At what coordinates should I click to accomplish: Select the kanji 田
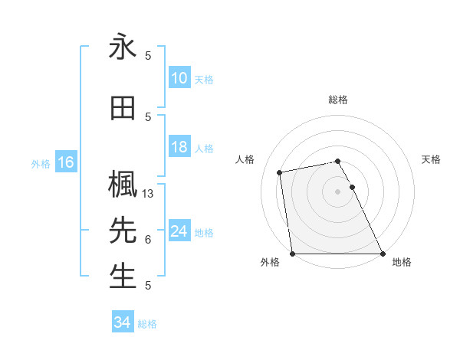point(123,109)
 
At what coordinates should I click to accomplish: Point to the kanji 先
point(123,230)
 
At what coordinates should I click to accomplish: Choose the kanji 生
point(123,277)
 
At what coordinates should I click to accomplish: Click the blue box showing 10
point(179,78)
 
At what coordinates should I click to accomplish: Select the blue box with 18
point(179,148)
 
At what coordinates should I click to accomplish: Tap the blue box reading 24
point(179,232)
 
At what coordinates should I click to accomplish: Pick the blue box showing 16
point(65,162)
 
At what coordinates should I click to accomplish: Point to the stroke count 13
point(149,194)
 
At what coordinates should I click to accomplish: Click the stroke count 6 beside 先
point(148,240)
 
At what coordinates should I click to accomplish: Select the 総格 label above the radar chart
point(338,100)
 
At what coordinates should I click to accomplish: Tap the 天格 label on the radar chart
point(431,159)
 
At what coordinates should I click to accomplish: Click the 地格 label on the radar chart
point(402,263)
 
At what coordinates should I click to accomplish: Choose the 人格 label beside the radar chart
point(245,159)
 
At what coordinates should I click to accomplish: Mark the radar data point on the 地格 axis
point(382,254)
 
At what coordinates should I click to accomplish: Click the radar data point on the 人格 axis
point(281,172)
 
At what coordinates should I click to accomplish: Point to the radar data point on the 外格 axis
point(293,254)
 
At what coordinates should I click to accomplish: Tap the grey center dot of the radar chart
point(338,191)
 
